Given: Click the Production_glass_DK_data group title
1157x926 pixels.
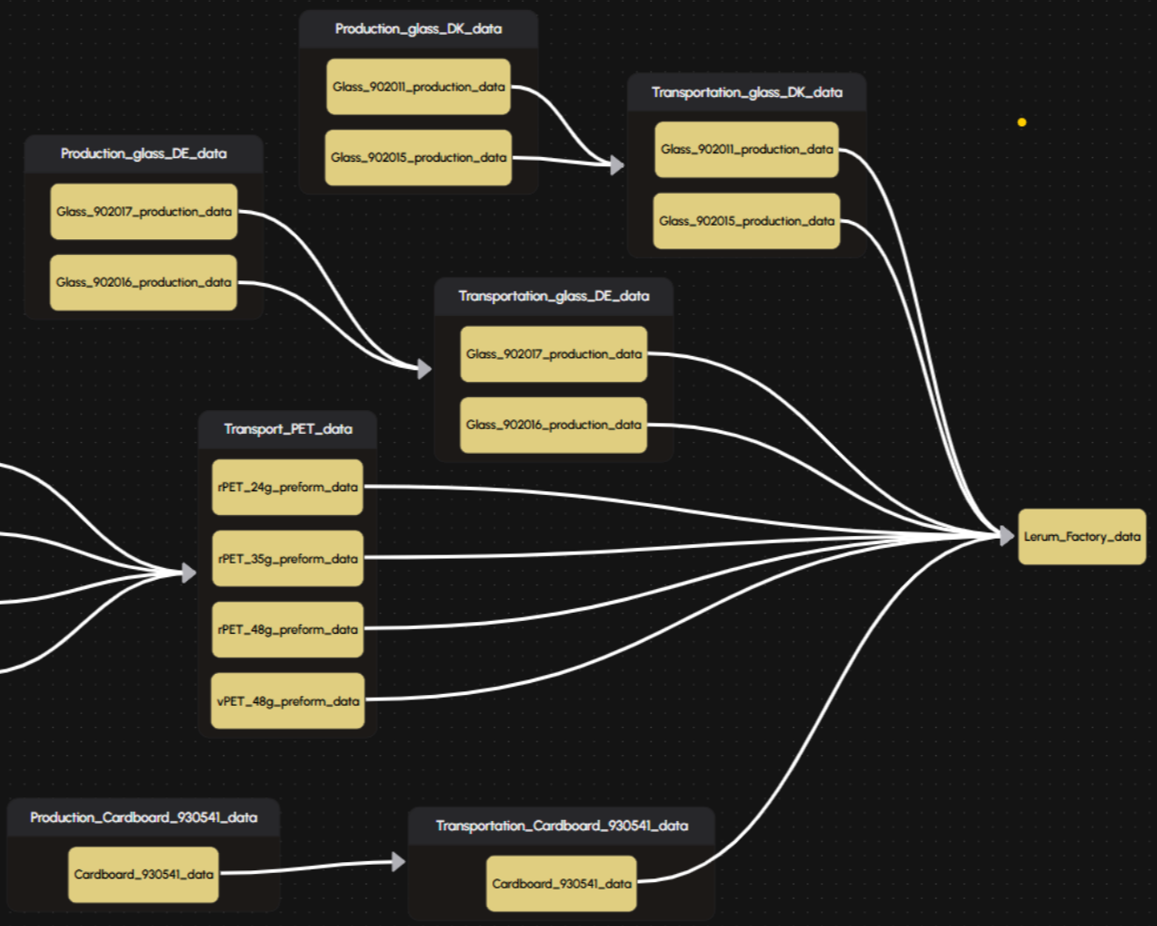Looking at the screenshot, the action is pos(418,28).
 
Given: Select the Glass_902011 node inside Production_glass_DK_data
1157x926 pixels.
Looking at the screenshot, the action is pos(418,87).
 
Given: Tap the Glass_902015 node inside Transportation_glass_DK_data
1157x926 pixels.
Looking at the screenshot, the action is pos(746,221).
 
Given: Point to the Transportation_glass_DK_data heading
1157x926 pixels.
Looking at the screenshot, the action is pos(747,92).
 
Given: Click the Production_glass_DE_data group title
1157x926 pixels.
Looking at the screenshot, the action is pos(143,153).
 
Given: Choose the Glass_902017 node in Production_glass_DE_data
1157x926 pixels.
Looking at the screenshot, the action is pos(143,211).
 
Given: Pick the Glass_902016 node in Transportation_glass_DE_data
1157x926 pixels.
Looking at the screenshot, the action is pos(553,425).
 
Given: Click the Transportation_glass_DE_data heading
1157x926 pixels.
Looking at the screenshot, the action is pos(553,296).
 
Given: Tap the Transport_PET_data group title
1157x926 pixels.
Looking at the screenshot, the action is pos(289,429).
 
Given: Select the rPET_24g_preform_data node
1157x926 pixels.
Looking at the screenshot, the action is pos(288,487).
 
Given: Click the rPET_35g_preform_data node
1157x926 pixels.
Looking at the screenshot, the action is pos(288,559).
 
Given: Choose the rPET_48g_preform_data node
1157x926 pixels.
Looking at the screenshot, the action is pos(288,630).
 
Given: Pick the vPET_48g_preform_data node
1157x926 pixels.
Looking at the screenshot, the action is pos(288,700).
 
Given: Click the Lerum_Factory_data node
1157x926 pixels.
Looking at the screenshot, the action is pos(1082,537).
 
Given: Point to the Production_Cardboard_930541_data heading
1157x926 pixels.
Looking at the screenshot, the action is pos(143,817).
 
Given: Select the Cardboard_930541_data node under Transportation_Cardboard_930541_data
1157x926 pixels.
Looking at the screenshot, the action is pos(562,883).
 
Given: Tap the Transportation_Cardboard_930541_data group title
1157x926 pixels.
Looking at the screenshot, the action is pos(562,826).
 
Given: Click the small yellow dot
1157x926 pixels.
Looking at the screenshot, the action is pos(1022,122).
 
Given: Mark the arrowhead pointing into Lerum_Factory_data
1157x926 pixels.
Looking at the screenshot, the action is pos(1007,535).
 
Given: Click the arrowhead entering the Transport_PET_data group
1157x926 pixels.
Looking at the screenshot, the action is pos(189,573).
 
